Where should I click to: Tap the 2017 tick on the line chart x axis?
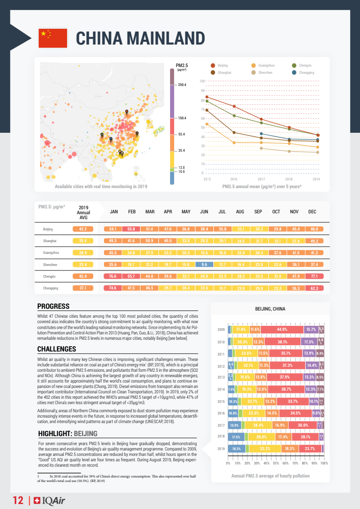(261, 179)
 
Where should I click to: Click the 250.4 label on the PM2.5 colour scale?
(182, 85)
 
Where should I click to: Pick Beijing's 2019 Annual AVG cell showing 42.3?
(83, 229)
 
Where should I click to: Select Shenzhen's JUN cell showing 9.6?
(204, 264)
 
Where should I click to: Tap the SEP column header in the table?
(258, 212)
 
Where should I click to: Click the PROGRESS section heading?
(53, 306)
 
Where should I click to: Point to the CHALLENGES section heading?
(56, 349)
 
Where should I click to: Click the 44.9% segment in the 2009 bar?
(282, 329)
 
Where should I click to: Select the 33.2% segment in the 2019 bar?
(265, 449)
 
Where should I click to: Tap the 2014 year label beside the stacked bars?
(221, 389)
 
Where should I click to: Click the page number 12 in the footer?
(18, 500)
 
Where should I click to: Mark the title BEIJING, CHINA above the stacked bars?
(270, 309)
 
